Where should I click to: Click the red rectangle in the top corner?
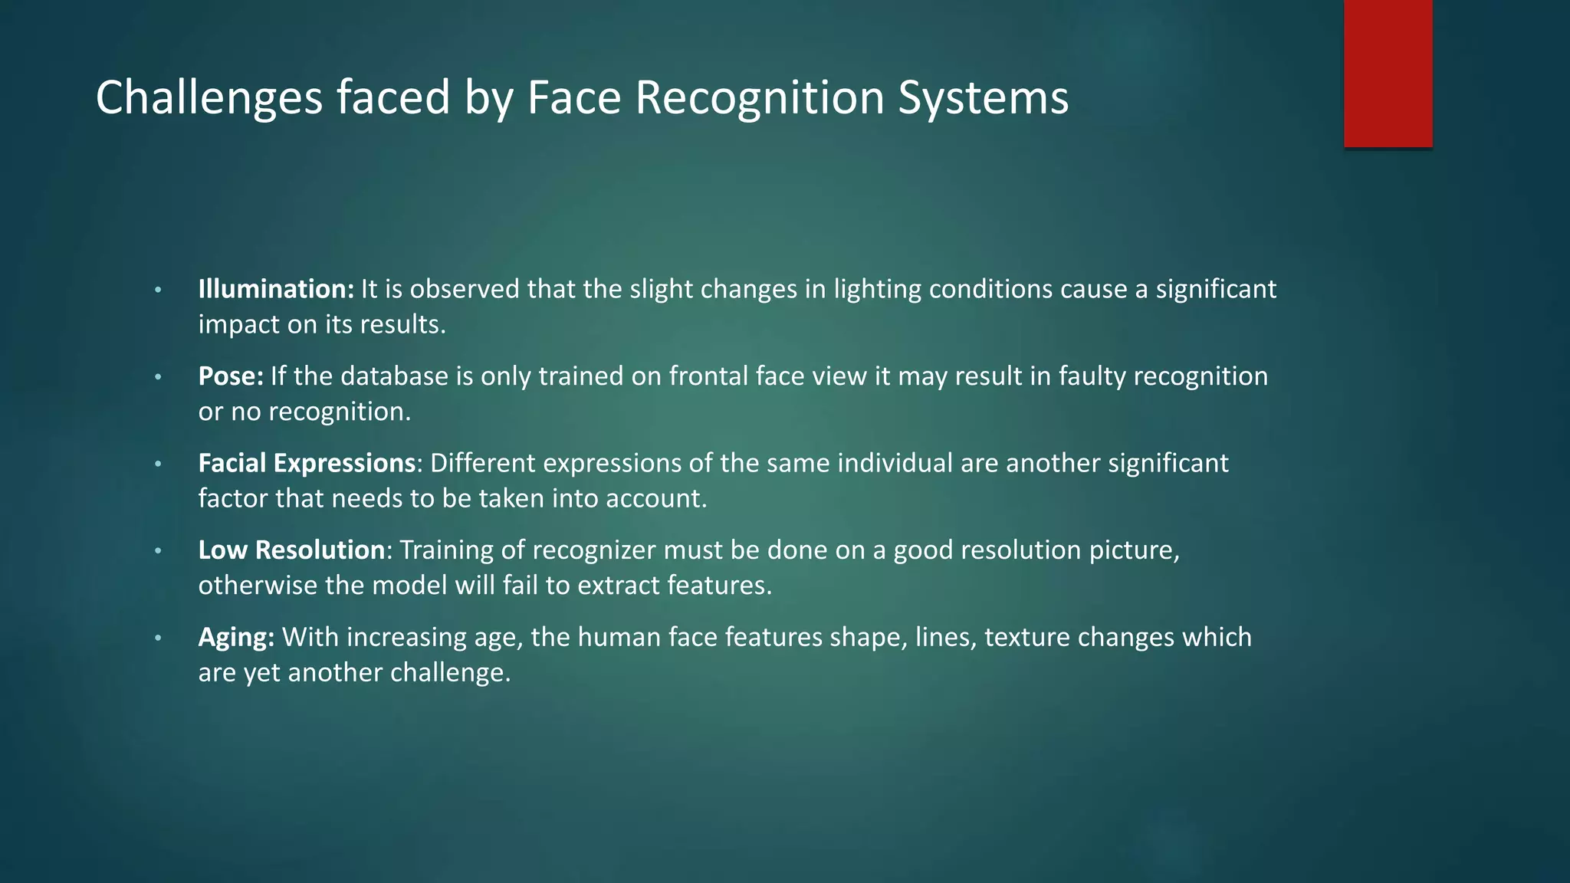(1388, 73)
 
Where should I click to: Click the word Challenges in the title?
(209, 98)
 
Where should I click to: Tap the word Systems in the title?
(983, 98)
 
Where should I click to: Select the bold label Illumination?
(276, 289)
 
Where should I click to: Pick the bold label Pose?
(231, 376)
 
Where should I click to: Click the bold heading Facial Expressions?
(307, 463)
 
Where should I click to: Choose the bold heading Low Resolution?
(291, 550)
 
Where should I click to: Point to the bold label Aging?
(236, 637)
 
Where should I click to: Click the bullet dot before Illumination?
(158, 291)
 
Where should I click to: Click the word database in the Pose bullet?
(394, 376)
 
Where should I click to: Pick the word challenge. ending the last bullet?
(450, 673)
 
